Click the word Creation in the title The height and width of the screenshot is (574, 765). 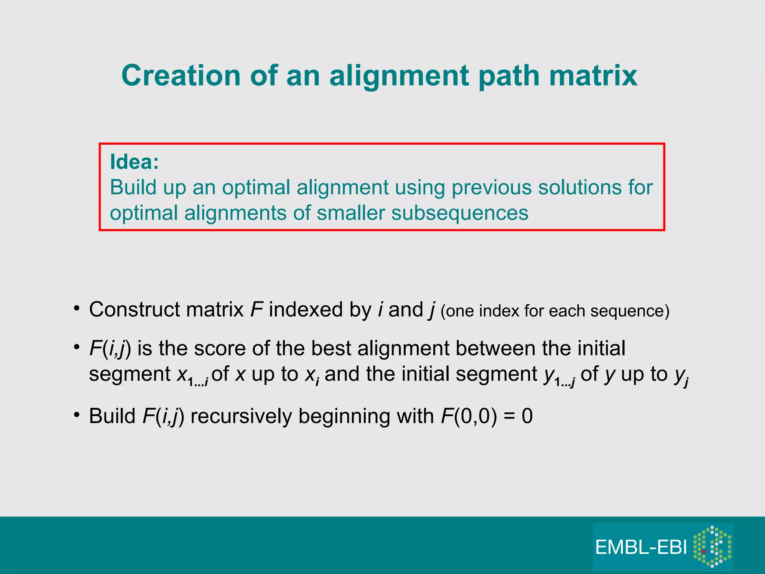pyautogui.click(x=181, y=75)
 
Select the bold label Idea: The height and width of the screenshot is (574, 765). pyautogui.click(x=134, y=162)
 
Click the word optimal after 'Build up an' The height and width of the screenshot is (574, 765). pyautogui.click(x=256, y=187)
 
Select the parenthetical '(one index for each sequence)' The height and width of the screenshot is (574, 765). pyautogui.click(x=555, y=311)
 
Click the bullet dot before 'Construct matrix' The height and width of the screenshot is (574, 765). pyautogui.click(x=77, y=309)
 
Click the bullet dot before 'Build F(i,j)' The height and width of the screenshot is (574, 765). pyautogui.click(x=77, y=415)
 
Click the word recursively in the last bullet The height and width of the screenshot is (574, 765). pyautogui.click(x=241, y=416)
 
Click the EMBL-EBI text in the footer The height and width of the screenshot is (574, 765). pyautogui.click(x=641, y=547)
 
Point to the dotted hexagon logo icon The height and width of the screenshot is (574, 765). pyautogui.click(x=712, y=546)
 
